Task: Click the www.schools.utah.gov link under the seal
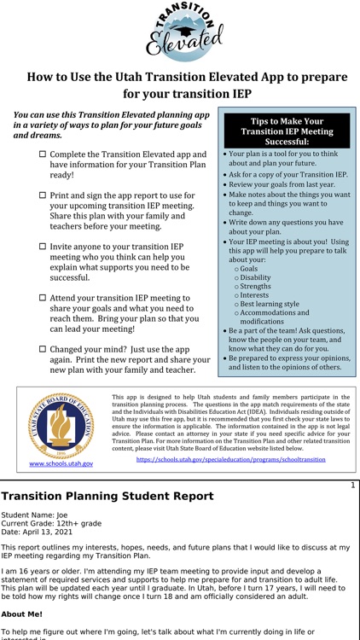[61, 463]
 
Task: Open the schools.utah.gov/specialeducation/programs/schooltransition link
[231, 459]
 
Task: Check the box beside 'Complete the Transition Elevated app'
[43, 154]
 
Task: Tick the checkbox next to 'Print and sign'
[43, 196]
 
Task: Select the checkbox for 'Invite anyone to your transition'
[43, 247]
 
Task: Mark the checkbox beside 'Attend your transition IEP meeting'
[43, 298]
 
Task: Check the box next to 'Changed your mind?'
[43, 349]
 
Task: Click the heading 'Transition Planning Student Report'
[107, 496]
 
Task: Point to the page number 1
[352, 485]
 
